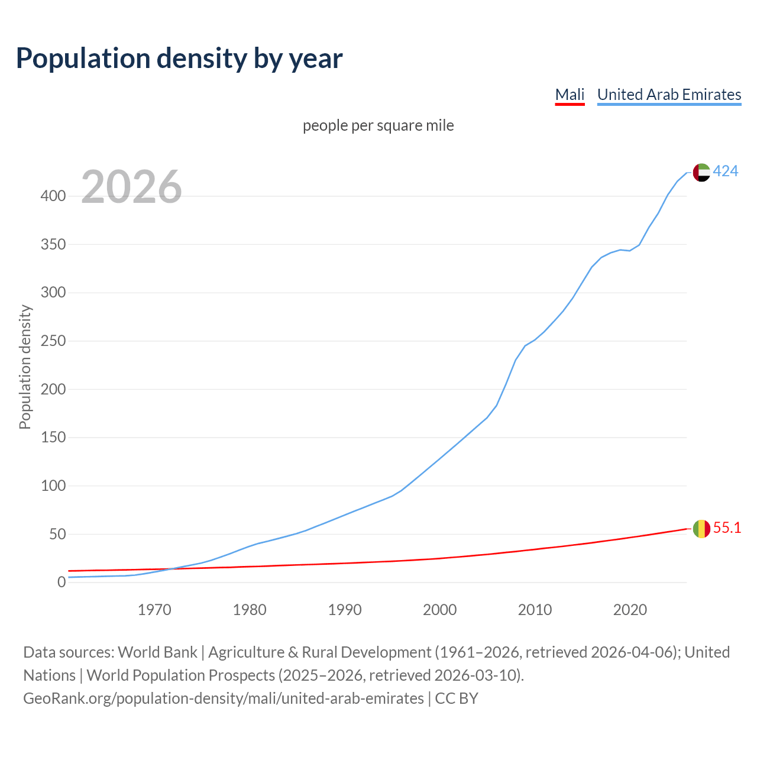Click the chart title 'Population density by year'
tap(179, 59)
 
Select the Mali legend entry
tap(570, 95)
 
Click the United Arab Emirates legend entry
tap(669, 95)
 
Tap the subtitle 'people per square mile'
tap(378, 125)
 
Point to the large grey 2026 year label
tap(131, 187)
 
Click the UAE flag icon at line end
tap(701, 172)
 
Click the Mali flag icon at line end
tap(701, 529)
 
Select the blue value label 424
tap(726, 172)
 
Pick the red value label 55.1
tap(727, 528)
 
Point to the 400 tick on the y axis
tap(53, 196)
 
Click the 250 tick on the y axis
tap(53, 341)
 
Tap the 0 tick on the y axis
tap(61, 583)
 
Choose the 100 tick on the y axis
tap(53, 486)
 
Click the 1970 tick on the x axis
tap(154, 610)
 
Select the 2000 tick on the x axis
tap(439, 610)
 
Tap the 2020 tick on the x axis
tap(630, 610)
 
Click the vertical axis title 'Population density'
tap(25, 367)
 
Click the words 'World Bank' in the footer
tap(157, 652)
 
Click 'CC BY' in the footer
tap(457, 698)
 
